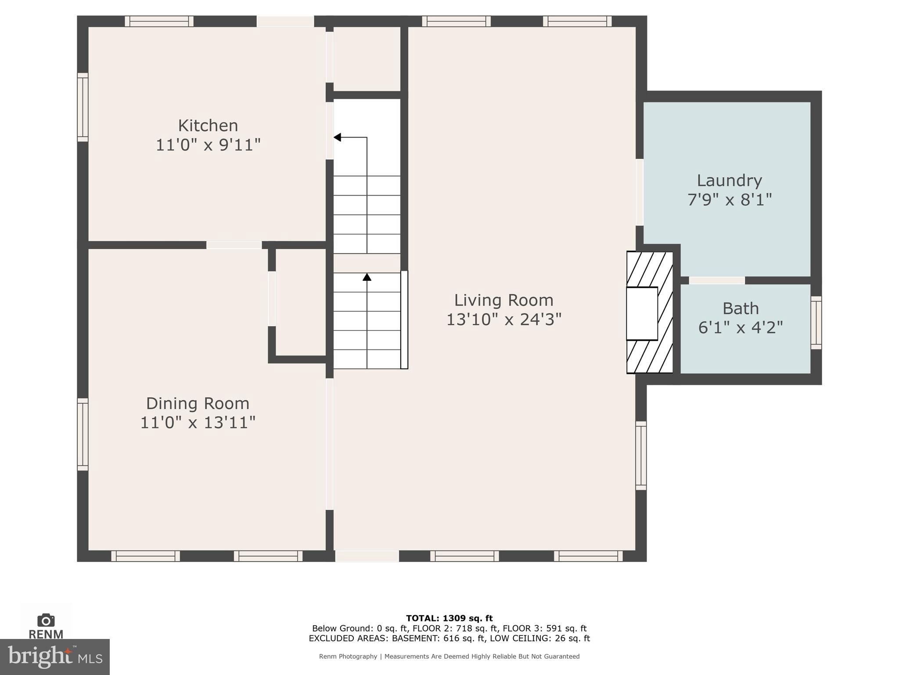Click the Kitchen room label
pyautogui.click(x=208, y=126)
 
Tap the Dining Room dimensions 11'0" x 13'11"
pyautogui.click(x=198, y=423)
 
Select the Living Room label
pyautogui.click(x=503, y=300)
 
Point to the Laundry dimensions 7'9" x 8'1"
pyautogui.click(x=729, y=200)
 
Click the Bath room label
pyautogui.click(x=741, y=308)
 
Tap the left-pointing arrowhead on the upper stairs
pyautogui.click(x=337, y=138)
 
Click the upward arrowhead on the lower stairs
pyautogui.click(x=367, y=277)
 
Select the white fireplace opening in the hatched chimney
pyautogui.click(x=641, y=313)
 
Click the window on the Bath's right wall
pyautogui.click(x=816, y=323)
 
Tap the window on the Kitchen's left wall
pyautogui.click(x=83, y=107)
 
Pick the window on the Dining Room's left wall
pyautogui.click(x=83, y=434)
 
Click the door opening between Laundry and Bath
pyautogui.click(x=716, y=280)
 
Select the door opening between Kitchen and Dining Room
pyautogui.click(x=234, y=245)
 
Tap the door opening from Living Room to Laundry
pyautogui.click(x=640, y=192)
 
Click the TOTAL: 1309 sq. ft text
pyautogui.click(x=449, y=618)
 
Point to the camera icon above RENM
pyautogui.click(x=46, y=620)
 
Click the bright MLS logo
pyautogui.click(x=54, y=657)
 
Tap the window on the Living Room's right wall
pyautogui.click(x=641, y=456)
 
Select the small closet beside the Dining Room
pyautogui.click(x=301, y=301)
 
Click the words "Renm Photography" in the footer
pyautogui.click(x=348, y=657)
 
